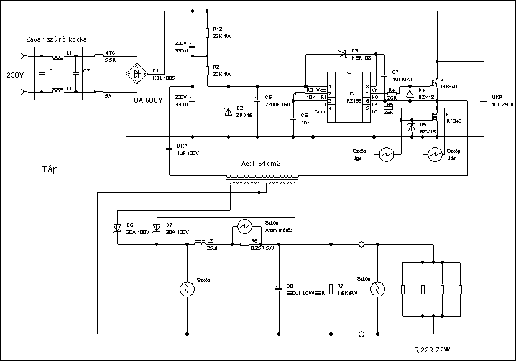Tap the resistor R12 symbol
207,33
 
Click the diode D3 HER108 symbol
341,55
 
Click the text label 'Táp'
48,170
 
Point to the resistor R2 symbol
207,70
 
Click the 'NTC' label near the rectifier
110,52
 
